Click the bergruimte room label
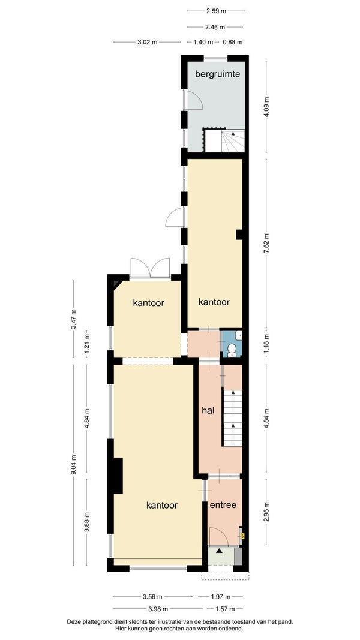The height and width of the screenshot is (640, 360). tap(217, 74)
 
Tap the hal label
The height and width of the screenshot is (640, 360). tap(208, 410)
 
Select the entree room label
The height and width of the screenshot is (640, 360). tap(223, 505)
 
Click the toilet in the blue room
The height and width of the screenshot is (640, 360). tap(232, 350)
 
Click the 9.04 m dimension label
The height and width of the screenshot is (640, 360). tap(73, 465)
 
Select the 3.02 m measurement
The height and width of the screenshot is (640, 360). tap(147, 41)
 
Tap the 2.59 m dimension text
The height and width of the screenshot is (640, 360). tap(216, 11)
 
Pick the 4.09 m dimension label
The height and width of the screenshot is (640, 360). tap(266, 107)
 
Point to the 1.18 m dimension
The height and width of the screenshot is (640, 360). tap(266, 345)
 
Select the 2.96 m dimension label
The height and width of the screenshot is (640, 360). tap(266, 512)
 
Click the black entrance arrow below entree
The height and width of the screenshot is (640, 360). tap(220, 551)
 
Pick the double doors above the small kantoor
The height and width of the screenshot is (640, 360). tap(150, 268)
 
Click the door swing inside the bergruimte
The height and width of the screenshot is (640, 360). tap(193, 100)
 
